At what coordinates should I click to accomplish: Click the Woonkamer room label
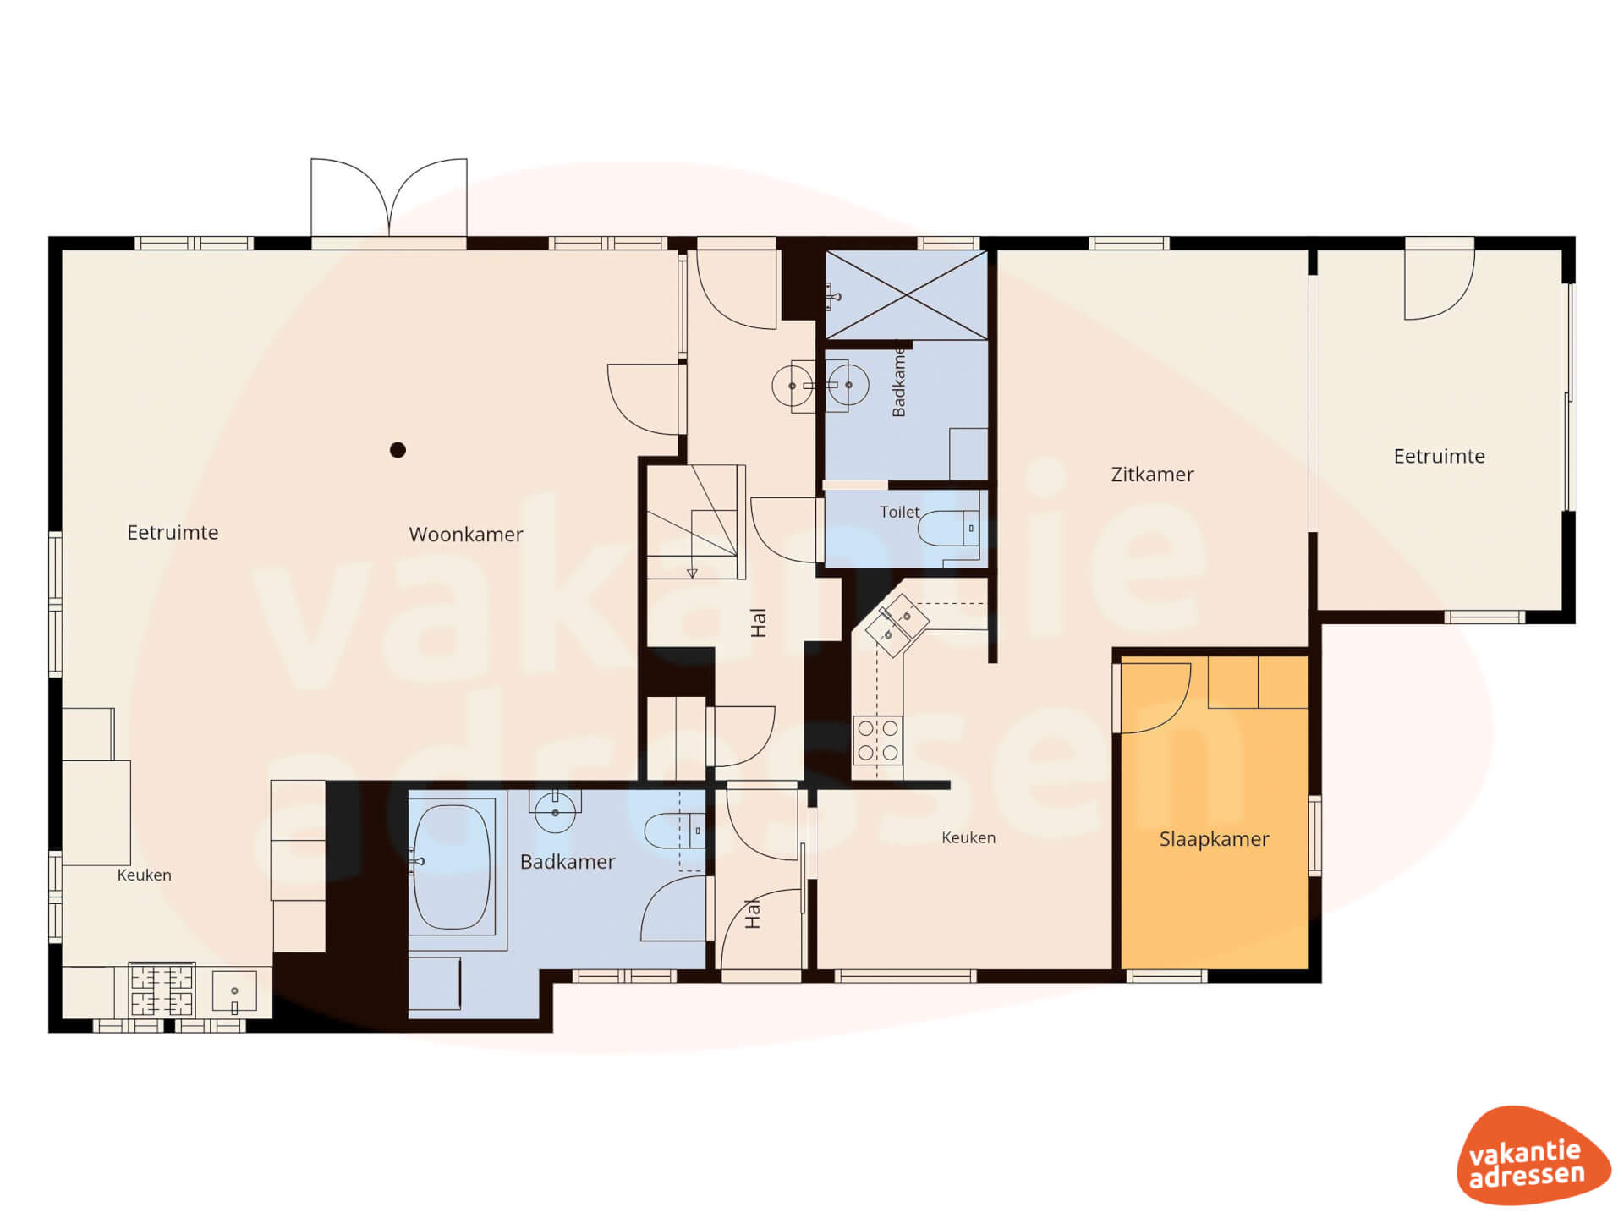click(x=466, y=535)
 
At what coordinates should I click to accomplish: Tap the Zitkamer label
click(x=1152, y=475)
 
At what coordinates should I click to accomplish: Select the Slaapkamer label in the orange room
click(x=1214, y=839)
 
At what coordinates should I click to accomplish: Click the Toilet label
click(x=899, y=512)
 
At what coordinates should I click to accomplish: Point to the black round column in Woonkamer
click(x=398, y=450)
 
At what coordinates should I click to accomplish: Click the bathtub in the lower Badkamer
click(x=452, y=867)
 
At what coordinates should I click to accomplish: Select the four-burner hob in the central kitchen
click(x=878, y=741)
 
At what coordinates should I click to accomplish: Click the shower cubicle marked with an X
click(x=906, y=294)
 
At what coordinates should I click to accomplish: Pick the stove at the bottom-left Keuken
click(x=162, y=990)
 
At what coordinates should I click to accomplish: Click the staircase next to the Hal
click(x=693, y=521)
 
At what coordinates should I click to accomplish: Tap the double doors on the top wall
click(x=389, y=198)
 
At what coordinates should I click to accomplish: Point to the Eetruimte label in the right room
click(x=1439, y=457)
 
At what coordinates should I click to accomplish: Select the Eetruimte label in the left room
click(x=173, y=533)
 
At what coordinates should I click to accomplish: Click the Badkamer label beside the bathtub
click(x=568, y=862)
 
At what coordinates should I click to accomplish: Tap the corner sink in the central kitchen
click(x=897, y=625)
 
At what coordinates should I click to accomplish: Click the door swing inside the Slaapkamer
click(x=1155, y=698)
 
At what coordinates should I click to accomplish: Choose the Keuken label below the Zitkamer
click(x=968, y=837)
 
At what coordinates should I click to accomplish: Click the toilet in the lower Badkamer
click(x=674, y=831)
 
